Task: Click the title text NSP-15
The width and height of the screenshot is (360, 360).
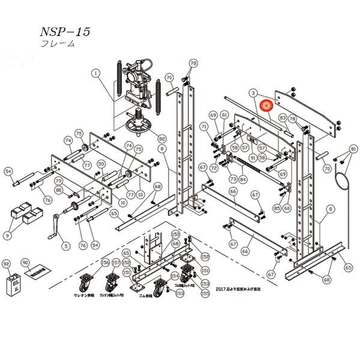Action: click(65, 32)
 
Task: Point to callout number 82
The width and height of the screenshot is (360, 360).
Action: click(162, 138)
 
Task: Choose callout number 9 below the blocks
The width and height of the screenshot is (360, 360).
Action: click(7, 236)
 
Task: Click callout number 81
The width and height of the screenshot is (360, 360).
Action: click(353, 148)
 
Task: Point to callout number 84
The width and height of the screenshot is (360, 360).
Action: click(242, 179)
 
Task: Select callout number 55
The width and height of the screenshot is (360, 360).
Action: click(101, 163)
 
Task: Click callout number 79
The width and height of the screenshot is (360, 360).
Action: click(59, 181)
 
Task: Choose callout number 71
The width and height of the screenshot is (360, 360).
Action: click(204, 127)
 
